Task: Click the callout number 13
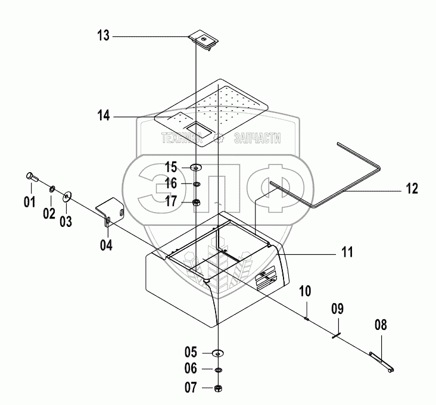104,36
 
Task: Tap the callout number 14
104,116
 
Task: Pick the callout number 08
380,325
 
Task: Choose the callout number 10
305,291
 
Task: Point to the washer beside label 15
197,168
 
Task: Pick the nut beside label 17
197,202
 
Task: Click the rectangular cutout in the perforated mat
199,129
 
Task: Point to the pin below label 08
381,362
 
